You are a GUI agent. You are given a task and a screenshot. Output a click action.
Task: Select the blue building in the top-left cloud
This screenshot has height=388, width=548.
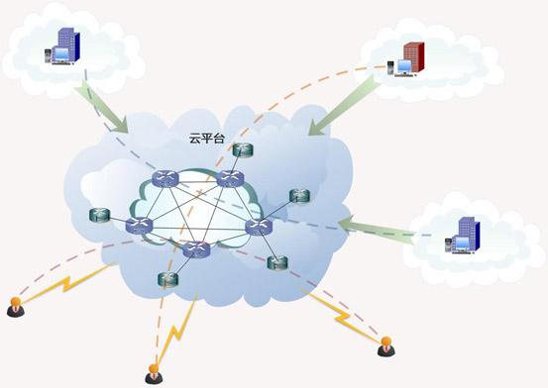65,45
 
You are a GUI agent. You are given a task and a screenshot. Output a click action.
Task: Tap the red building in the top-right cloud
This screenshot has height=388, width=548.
413,56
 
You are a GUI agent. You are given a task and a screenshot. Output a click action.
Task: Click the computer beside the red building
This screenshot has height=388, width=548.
393,68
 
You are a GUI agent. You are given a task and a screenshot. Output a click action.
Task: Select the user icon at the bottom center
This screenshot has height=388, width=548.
154,372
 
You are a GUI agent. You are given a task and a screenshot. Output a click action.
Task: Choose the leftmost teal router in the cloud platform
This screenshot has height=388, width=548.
99,214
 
